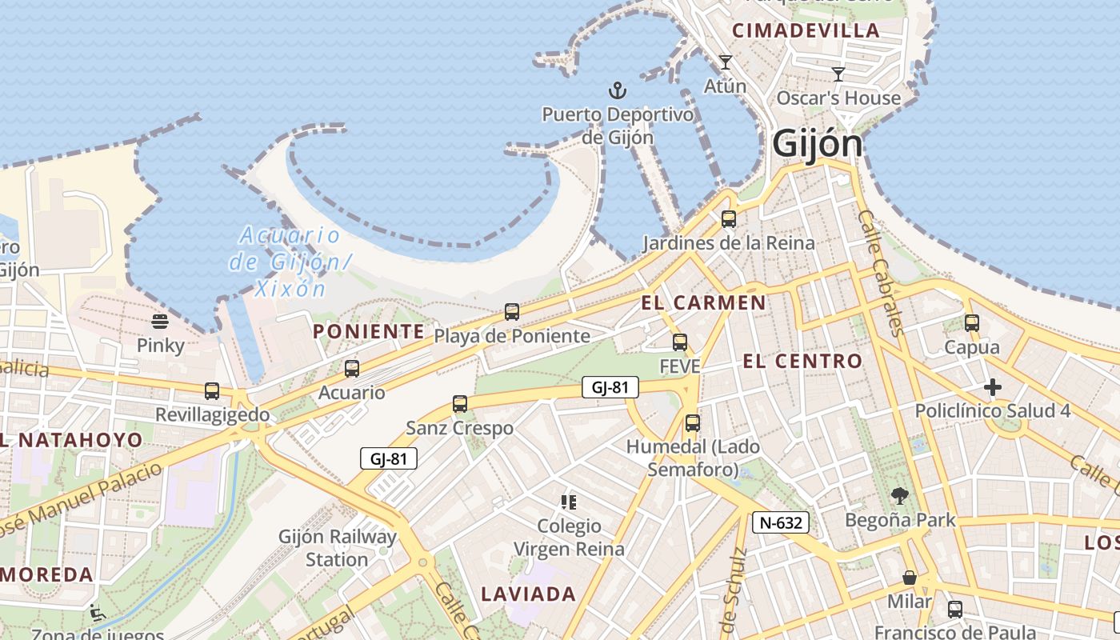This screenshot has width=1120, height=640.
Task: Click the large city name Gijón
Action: (x=817, y=145)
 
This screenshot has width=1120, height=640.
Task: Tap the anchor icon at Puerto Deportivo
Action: (x=617, y=90)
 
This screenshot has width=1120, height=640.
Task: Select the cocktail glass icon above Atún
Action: (x=726, y=62)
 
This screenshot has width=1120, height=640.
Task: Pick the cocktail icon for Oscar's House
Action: (x=838, y=74)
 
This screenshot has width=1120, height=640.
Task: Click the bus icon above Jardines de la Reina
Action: (x=728, y=218)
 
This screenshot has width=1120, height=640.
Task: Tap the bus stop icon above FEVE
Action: (x=680, y=342)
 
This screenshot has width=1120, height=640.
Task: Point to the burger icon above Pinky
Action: (x=160, y=322)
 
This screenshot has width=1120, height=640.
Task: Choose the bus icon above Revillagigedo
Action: (x=212, y=391)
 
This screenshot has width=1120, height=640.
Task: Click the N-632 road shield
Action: (x=781, y=523)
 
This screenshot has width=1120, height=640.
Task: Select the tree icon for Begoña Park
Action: (x=900, y=496)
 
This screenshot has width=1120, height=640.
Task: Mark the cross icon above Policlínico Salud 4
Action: (x=993, y=388)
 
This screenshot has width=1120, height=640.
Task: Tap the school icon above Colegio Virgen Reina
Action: (x=569, y=502)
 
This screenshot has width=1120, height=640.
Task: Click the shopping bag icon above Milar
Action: (x=910, y=578)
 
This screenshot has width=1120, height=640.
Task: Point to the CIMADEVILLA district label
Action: (x=806, y=31)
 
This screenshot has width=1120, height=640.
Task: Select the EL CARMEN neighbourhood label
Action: (x=703, y=303)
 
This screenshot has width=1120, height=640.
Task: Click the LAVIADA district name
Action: (x=528, y=594)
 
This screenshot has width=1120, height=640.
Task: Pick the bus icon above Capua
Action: (x=972, y=323)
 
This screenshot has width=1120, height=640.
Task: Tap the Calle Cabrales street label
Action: (x=880, y=272)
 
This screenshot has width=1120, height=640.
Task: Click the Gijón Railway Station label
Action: (x=337, y=548)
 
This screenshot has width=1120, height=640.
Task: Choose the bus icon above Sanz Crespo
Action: (x=460, y=404)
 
